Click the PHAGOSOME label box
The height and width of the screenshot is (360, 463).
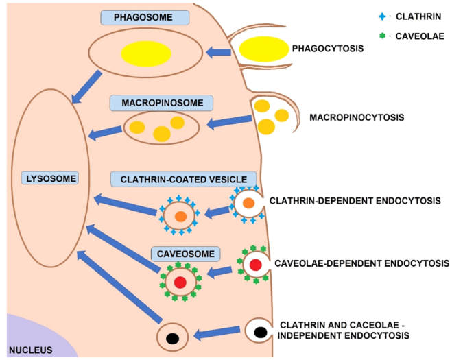coord(144,18)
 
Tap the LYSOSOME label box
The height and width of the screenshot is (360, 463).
coord(49,178)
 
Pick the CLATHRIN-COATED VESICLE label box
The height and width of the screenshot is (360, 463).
coord(183,179)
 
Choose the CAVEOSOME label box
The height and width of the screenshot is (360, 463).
coord(185,254)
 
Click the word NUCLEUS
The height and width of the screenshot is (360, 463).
coord(27,350)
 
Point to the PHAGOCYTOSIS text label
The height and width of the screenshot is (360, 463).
coord(327,49)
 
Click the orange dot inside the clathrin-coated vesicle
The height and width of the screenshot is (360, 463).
coord(180,216)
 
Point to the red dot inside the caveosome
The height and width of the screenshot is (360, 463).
coord(180,282)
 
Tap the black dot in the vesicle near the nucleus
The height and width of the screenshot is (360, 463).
coord(174,337)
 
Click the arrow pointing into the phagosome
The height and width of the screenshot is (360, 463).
coord(218,51)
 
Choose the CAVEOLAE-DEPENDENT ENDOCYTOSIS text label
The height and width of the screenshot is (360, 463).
coord(361,263)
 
